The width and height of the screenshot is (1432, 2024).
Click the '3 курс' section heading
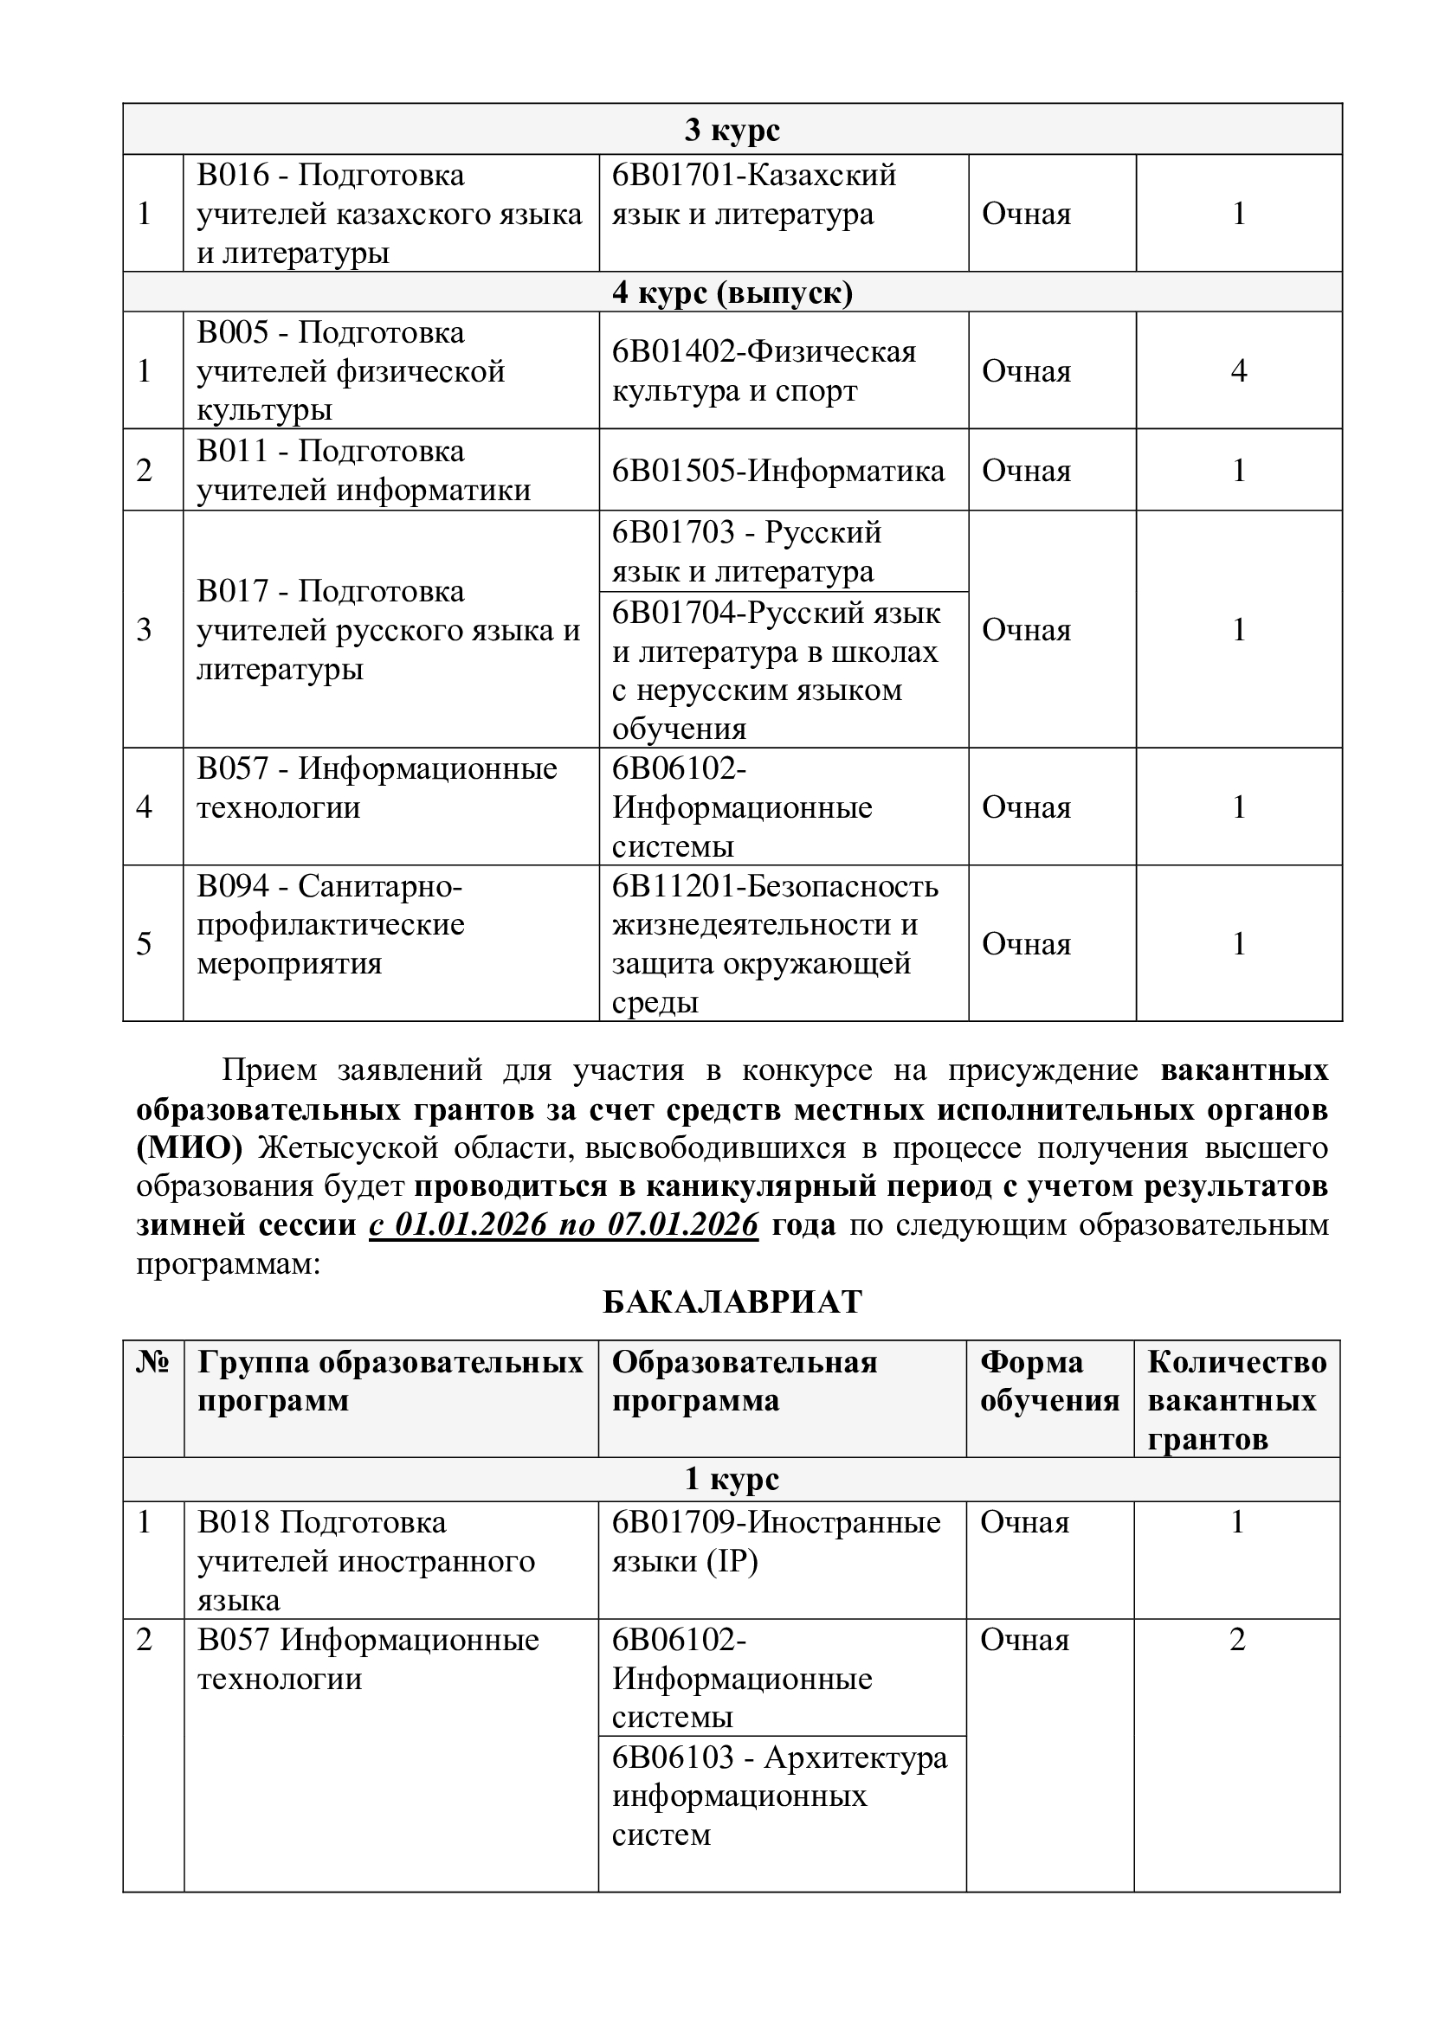click(732, 130)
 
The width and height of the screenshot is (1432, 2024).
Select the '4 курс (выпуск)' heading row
click(732, 292)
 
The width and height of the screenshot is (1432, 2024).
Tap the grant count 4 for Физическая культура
click(1238, 370)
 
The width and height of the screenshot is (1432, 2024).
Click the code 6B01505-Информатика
click(778, 471)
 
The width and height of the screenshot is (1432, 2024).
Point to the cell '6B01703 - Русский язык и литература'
click(747, 552)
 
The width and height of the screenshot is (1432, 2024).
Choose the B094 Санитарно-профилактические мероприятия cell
click(331, 924)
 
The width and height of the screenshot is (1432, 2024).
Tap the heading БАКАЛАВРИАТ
click(732, 1302)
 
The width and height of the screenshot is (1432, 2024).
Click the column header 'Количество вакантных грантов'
click(1236, 1401)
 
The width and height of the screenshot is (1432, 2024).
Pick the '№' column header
click(152, 1363)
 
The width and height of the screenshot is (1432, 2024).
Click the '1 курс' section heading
click(732, 1478)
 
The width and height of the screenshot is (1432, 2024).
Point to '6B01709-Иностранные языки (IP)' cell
click(776, 1542)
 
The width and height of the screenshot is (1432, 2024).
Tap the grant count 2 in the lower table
click(1236, 1640)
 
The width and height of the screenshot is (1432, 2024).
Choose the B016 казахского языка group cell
click(389, 215)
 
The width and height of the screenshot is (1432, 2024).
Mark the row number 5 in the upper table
click(145, 943)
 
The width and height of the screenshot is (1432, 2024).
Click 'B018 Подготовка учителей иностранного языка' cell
click(366, 1561)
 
